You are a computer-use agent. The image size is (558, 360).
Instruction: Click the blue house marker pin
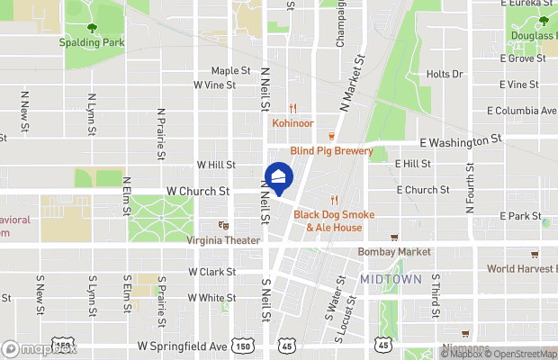coord(279,178)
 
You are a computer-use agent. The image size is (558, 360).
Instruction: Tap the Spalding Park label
coord(92,42)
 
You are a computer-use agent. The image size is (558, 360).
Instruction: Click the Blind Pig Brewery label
coord(331,151)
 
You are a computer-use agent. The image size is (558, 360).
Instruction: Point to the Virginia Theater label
coord(223,240)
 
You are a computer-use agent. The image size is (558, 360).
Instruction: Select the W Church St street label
coord(198,192)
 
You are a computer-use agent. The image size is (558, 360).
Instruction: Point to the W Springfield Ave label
coord(180,346)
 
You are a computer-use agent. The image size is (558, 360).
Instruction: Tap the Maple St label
coord(230,70)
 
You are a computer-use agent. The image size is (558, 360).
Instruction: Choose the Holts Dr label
coord(444,75)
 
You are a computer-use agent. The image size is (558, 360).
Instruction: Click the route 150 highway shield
coord(242,346)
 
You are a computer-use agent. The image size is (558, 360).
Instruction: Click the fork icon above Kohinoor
coord(292,108)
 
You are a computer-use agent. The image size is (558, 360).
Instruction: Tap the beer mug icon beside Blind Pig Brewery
coord(331,137)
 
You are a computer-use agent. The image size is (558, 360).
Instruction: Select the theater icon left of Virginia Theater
coord(223,226)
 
